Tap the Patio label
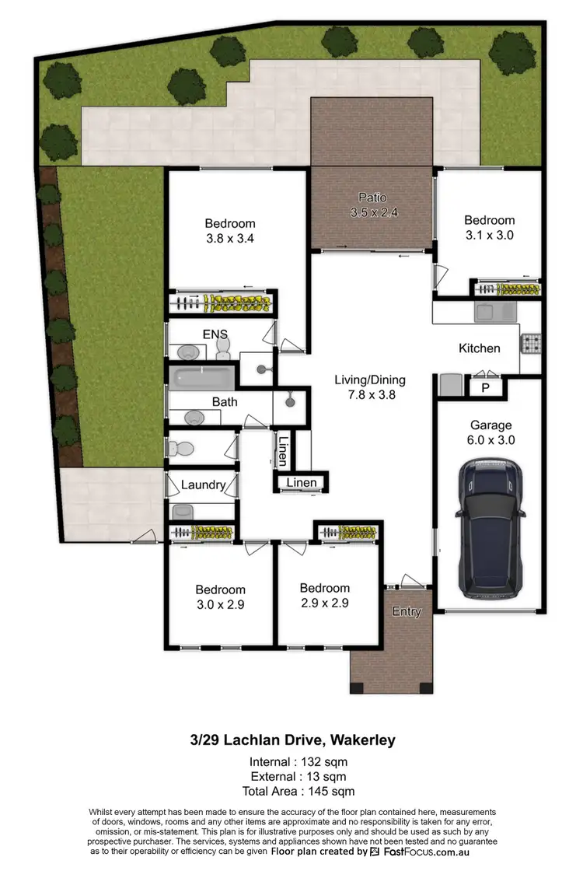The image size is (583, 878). click(372, 198)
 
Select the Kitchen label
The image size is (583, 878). click(480, 348)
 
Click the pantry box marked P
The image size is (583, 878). click(485, 387)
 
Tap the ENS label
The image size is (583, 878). click(215, 334)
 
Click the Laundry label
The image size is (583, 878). click(203, 484)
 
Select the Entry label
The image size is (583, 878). click(406, 611)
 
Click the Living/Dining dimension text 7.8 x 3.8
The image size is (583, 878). click(370, 394)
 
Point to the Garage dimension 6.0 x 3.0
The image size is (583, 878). click(490, 440)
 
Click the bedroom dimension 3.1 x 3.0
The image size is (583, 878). click(489, 234)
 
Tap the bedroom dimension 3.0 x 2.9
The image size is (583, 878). click(220, 604)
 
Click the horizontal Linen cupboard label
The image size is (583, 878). click(302, 483)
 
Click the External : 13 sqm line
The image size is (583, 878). click(298, 776)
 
